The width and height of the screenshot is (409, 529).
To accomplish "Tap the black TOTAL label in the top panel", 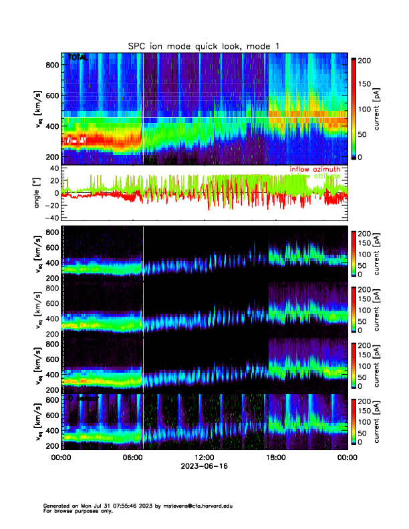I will pos(78,58).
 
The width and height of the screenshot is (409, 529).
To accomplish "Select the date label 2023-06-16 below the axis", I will pos(204,466).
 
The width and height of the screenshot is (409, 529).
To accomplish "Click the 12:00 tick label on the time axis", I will pos(204,458).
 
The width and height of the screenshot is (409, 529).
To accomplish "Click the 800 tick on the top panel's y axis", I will pos(52,65).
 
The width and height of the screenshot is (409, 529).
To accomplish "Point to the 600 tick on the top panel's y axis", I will pos(52,96).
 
